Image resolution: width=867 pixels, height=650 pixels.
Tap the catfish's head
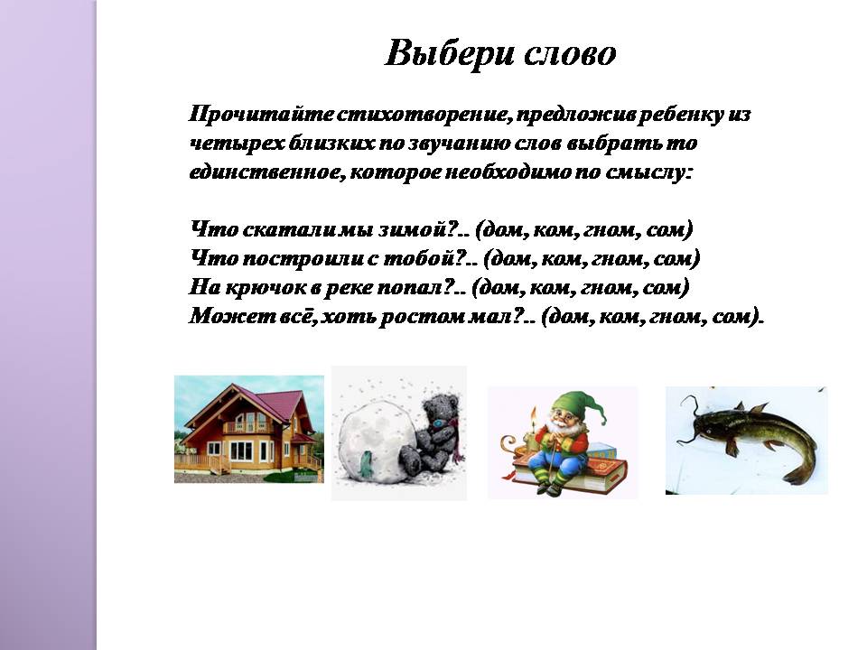click(x=709, y=424)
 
